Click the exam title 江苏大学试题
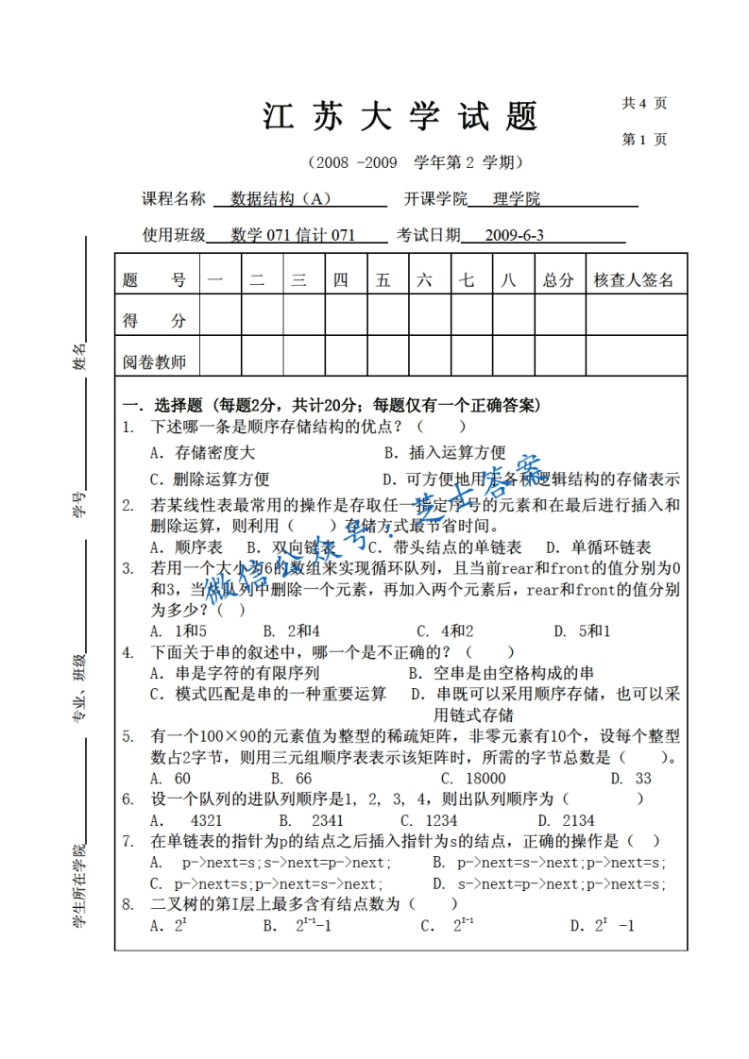pyautogui.click(x=400, y=117)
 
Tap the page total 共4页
pyautogui.click(x=644, y=103)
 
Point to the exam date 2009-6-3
pyautogui.click(x=514, y=235)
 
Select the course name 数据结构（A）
pyautogui.click(x=281, y=199)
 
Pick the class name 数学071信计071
pyautogui.click(x=293, y=235)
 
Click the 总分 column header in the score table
pyautogui.click(x=558, y=279)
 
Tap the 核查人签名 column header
pyautogui.click(x=634, y=279)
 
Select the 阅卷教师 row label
pyautogui.click(x=154, y=361)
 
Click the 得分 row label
pyautogui.click(x=154, y=321)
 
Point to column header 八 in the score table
pyautogui.click(x=510, y=279)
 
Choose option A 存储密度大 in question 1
pyautogui.click(x=202, y=452)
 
